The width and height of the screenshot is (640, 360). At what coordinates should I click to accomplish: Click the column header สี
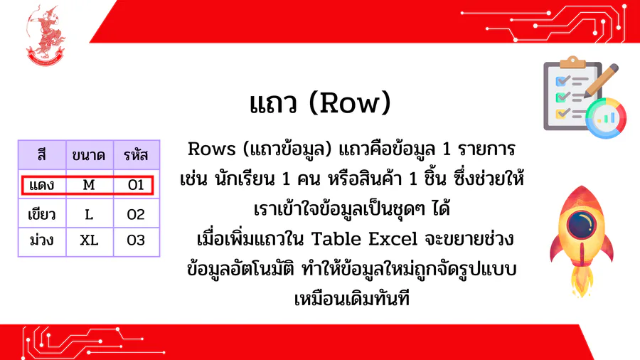coord(42,155)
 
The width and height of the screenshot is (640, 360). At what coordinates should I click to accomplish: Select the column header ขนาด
coord(90,155)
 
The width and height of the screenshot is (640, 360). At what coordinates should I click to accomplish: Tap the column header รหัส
coord(137,155)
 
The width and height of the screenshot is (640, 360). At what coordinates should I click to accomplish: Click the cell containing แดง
coord(42,185)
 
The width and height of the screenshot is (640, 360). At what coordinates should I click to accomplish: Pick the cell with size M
coord(90,185)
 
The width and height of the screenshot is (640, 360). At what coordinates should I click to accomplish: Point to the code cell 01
coord(137,185)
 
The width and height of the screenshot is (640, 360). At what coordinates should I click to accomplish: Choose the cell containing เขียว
coord(42,214)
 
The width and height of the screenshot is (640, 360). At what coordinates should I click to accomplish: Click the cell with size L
coord(90,214)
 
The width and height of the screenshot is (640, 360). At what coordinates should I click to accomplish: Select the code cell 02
coord(137,214)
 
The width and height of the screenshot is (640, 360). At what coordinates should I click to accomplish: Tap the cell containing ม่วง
coord(42,240)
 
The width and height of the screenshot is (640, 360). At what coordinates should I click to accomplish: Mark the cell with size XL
coord(90,240)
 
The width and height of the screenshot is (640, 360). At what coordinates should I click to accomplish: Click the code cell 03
coord(137,240)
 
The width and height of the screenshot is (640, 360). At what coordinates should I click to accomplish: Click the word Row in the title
coord(349,103)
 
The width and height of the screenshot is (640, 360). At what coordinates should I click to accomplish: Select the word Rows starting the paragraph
coord(212,149)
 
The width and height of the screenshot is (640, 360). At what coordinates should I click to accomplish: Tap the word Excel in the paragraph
coord(393,239)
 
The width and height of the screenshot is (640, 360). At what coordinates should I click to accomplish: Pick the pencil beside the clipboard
coord(601,80)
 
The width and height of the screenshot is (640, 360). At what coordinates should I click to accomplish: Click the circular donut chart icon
coord(606,118)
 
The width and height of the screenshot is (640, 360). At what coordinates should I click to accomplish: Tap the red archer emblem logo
coord(46,35)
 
